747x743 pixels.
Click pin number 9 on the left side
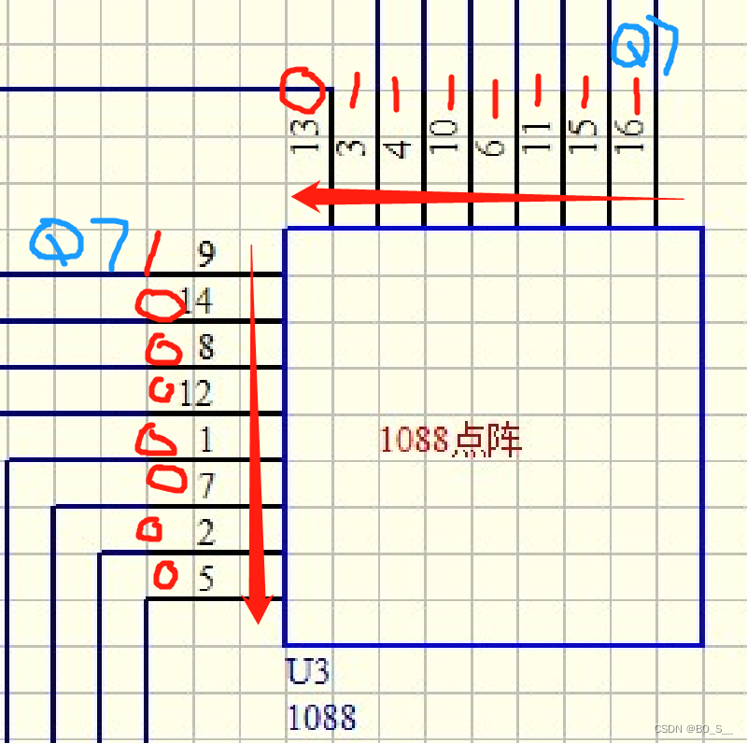click(205, 253)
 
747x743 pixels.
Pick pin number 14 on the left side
click(197, 301)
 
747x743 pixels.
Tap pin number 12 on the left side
click(196, 394)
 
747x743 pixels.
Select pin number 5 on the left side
click(205, 580)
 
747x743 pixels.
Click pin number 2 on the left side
click(205, 533)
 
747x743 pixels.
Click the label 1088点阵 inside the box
click(450, 440)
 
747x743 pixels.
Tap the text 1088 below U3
click(321, 718)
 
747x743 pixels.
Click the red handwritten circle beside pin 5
click(165, 575)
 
